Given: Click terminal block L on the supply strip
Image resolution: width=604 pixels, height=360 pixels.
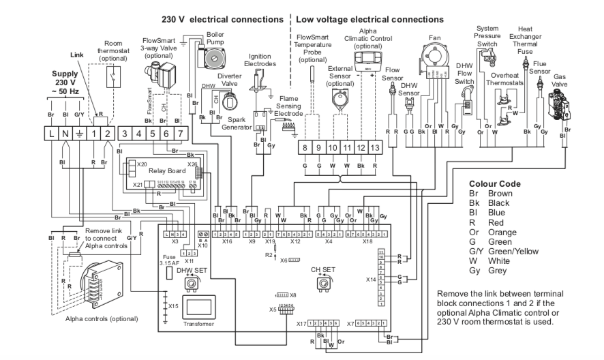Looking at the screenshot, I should pos(52,132).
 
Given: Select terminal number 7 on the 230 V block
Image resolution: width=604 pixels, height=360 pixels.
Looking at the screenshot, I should pos(180,132).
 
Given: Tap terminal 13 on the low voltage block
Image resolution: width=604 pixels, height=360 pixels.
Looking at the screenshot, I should pos(374,147).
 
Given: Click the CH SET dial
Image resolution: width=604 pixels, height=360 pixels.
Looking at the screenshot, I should pos(316,281).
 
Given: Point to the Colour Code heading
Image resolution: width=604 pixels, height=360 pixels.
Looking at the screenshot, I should pos(495,184).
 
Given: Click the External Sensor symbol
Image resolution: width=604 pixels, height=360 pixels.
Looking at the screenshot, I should pos(338,97).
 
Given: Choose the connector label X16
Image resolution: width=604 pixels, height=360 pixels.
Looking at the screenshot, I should pos(228,241).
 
